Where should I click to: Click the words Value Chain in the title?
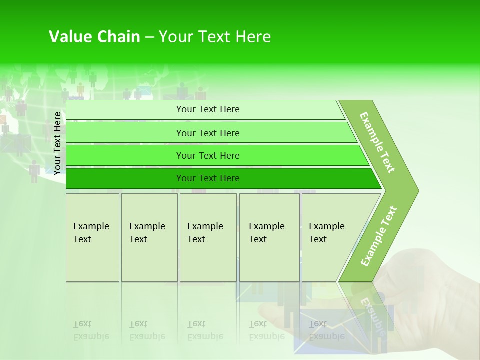[x=94, y=37]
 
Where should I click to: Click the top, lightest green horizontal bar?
[x=125, y=110]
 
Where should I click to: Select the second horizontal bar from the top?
[x=125, y=133]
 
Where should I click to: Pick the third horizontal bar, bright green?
[x=125, y=155]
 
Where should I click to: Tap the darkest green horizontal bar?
[x=125, y=178]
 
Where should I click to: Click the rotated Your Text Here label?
[x=57, y=143]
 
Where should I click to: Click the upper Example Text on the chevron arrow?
[x=378, y=142]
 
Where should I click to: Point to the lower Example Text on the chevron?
[x=379, y=236]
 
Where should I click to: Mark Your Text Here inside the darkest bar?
[x=208, y=178]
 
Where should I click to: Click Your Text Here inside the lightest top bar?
[x=208, y=109]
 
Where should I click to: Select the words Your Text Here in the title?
[x=215, y=37]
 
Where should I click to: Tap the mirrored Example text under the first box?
[x=91, y=336]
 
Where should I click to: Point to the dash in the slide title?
[x=149, y=37]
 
